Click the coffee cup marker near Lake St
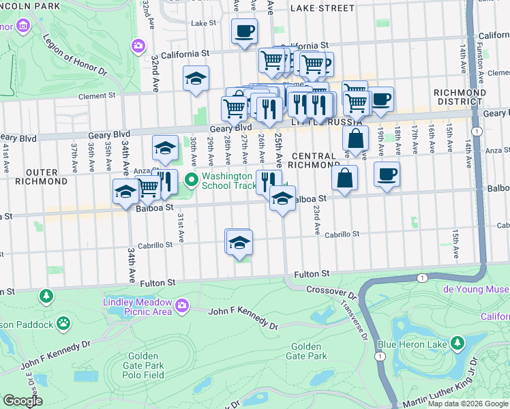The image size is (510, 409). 244,31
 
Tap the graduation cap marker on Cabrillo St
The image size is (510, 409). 239,243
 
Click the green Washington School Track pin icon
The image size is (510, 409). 192,180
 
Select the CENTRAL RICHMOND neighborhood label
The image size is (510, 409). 313,160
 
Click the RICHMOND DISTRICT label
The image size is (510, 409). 460,97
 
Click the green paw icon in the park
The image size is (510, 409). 63,322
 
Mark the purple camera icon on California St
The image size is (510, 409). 138,46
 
